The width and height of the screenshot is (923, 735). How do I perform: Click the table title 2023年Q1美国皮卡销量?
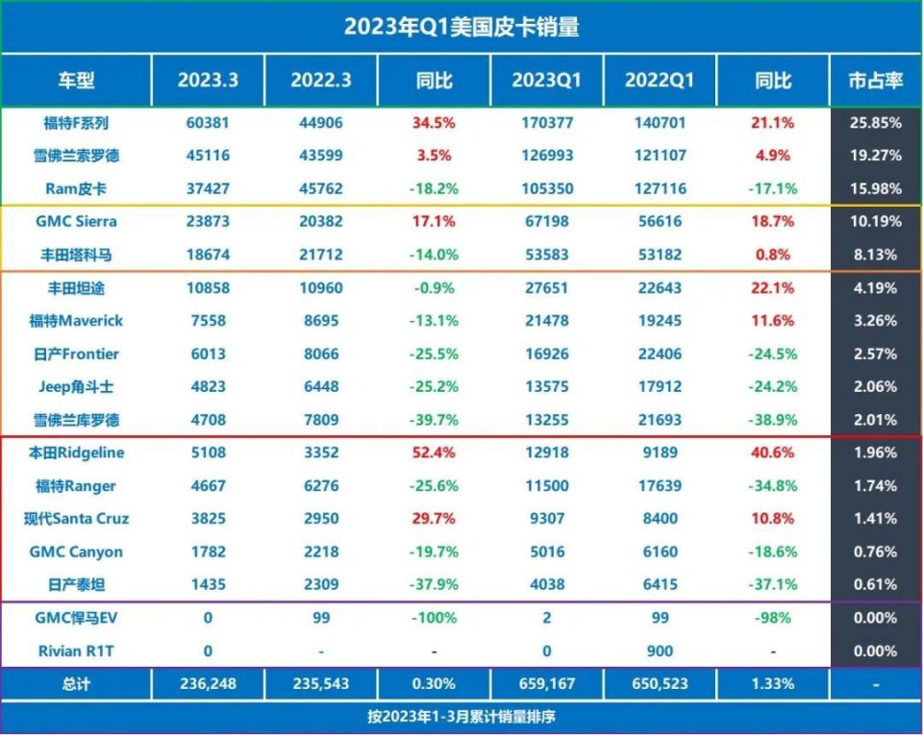coord(461,27)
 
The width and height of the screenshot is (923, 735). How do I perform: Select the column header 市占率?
coord(875,81)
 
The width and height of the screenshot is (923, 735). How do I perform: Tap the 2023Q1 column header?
coord(546,81)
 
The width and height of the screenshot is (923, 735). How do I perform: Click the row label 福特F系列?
coord(76,123)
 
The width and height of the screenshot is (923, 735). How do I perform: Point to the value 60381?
coord(208,123)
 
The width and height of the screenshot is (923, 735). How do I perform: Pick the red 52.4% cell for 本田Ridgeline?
coord(435,453)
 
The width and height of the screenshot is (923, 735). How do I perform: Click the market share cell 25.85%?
coord(875,123)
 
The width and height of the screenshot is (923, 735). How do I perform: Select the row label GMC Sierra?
coord(76,222)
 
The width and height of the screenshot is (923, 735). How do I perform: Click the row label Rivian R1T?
coord(76,650)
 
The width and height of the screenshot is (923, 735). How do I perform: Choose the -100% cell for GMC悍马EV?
coord(435,618)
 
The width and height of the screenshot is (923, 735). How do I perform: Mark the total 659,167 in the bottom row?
coord(546,684)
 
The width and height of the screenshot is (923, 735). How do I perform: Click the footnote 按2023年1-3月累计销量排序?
coord(461,718)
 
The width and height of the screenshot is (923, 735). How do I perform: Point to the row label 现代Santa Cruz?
coord(76,519)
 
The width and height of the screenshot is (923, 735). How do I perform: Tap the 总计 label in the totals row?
coord(76,684)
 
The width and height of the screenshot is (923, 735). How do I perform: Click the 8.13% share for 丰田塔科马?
coord(875,255)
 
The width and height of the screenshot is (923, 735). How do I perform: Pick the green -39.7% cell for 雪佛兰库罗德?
coord(435,420)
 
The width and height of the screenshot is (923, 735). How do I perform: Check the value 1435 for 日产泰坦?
coord(208,584)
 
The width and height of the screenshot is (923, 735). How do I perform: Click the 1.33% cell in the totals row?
coord(773,684)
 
